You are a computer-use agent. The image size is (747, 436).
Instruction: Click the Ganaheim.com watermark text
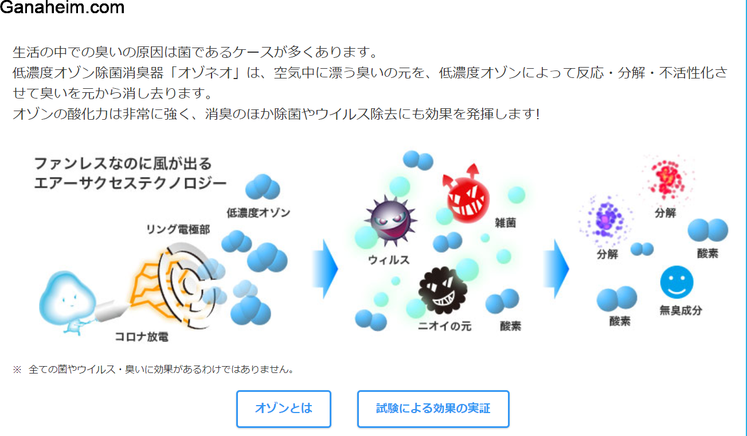pos(62,7)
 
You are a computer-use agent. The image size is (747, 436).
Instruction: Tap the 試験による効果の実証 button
pos(433,408)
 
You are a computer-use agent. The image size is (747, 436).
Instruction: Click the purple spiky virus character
pos(390,219)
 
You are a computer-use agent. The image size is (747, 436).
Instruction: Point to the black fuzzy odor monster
pos(443,290)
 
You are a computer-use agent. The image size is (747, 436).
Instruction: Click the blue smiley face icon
pos(676,282)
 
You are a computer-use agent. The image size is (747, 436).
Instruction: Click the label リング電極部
pos(178,229)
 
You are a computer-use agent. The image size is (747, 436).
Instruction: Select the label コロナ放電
pos(142,337)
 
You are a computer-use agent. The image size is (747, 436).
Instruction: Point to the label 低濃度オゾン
pos(259,213)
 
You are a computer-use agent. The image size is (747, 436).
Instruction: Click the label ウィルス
pos(389,260)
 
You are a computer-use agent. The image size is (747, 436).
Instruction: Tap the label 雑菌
pos(505,223)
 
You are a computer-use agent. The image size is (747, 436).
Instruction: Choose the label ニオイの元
pos(444,325)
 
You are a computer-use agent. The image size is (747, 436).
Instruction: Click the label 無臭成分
pos(680,311)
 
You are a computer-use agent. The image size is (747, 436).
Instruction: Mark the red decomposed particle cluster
pos(667,178)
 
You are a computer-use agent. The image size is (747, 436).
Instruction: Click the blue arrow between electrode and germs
pos(326,269)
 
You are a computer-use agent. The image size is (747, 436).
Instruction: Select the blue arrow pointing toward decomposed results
pos(556,269)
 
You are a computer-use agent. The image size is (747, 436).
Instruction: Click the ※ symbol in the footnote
pos(17,370)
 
